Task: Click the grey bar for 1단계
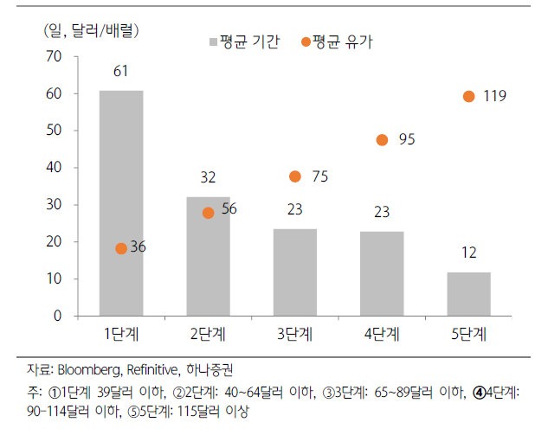pyautogui.click(x=121, y=202)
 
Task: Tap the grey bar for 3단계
pyautogui.click(x=295, y=272)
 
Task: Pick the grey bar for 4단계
pyautogui.click(x=382, y=273)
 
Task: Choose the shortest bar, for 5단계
pyautogui.click(x=468, y=294)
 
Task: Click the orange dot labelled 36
pyautogui.click(x=121, y=248)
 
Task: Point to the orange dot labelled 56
pyautogui.click(x=208, y=213)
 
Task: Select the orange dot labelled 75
pyautogui.click(x=295, y=176)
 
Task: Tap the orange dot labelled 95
pyautogui.click(x=382, y=140)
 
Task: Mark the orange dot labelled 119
pyautogui.click(x=468, y=97)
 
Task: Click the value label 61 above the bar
pyautogui.click(x=121, y=71)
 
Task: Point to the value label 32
pyautogui.click(x=208, y=178)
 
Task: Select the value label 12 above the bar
pyautogui.click(x=468, y=253)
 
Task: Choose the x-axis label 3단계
pyautogui.click(x=295, y=333)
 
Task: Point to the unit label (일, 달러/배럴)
pyautogui.click(x=91, y=30)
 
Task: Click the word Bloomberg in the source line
pyautogui.click(x=93, y=369)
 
